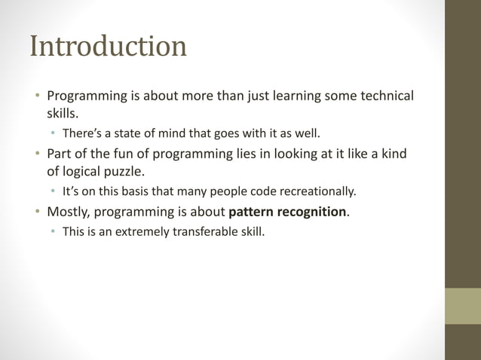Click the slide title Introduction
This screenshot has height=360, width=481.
tap(108, 47)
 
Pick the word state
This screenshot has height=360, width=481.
tap(128, 135)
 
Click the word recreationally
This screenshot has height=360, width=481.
tap(317, 191)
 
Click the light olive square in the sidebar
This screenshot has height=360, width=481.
tap(462, 307)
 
